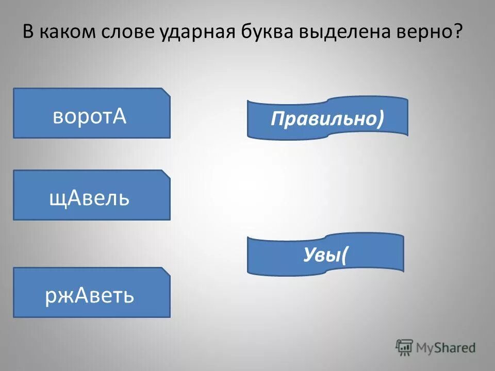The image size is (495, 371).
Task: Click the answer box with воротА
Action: coord(91,113)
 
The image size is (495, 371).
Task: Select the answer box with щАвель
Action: coord(91,195)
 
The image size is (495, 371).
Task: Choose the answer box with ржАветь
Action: coord(91,292)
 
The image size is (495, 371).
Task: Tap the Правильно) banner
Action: coord(327,119)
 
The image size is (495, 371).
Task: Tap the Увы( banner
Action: coord(325,254)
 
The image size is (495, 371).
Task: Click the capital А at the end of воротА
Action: coord(120,116)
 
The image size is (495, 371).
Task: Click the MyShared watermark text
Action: coord(446,347)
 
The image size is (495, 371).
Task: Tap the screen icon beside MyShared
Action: coord(404,347)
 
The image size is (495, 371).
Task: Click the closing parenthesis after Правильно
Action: coord(380,119)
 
